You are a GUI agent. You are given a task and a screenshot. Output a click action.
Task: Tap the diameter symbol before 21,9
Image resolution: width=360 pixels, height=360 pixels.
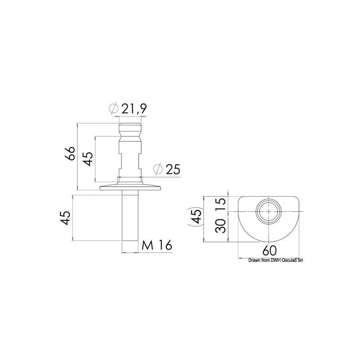click(x=114, y=108)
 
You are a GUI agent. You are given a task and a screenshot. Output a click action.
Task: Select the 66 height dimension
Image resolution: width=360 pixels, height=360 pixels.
click(x=69, y=154)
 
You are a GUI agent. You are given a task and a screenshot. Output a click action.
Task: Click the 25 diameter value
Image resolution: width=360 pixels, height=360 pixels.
click(x=172, y=169)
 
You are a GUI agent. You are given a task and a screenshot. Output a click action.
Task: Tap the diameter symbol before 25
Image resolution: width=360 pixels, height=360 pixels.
click(x=157, y=169)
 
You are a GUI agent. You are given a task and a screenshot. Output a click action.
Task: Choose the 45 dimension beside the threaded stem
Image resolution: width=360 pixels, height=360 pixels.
click(x=65, y=218)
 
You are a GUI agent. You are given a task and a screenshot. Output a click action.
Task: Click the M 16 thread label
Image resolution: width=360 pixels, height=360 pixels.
click(x=157, y=245)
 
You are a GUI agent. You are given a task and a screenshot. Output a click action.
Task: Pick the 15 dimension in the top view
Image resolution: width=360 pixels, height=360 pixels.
click(x=220, y=203)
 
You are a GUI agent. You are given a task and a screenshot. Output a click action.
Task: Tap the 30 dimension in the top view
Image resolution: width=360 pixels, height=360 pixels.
click(x=220, y=226)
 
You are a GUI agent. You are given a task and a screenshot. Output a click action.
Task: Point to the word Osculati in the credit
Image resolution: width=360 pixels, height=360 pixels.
click(x=290, y=260)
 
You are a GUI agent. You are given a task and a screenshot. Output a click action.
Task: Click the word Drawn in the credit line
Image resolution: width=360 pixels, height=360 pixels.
click(x=253, y=260)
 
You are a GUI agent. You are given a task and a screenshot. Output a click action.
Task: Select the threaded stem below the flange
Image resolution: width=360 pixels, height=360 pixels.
click(x=130, y=216)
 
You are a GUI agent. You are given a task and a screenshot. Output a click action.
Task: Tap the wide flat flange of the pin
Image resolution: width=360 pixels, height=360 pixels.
click(x=130, y=187)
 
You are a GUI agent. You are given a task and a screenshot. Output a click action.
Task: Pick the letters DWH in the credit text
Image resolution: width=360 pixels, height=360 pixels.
click(x=275, y=260)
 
